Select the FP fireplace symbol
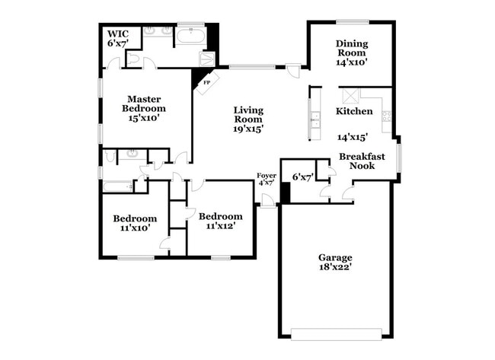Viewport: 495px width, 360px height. [x=206, y=81]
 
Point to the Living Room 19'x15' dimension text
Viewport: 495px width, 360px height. [x=247, y=129]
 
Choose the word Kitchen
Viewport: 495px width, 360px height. [x=354, y=111]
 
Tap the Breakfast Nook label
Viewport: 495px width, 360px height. [x=362, y=161]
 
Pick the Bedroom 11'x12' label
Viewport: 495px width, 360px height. [x=221, y=221]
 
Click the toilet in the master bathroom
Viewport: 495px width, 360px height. [x=133, y=59]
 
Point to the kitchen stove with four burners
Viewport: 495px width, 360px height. [x=386, y=116]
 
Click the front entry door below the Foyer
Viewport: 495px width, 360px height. [x=267, y=201]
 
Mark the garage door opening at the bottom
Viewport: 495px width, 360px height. [x=335, y=332]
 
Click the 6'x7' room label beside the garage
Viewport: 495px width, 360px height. [x=302, y=177]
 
